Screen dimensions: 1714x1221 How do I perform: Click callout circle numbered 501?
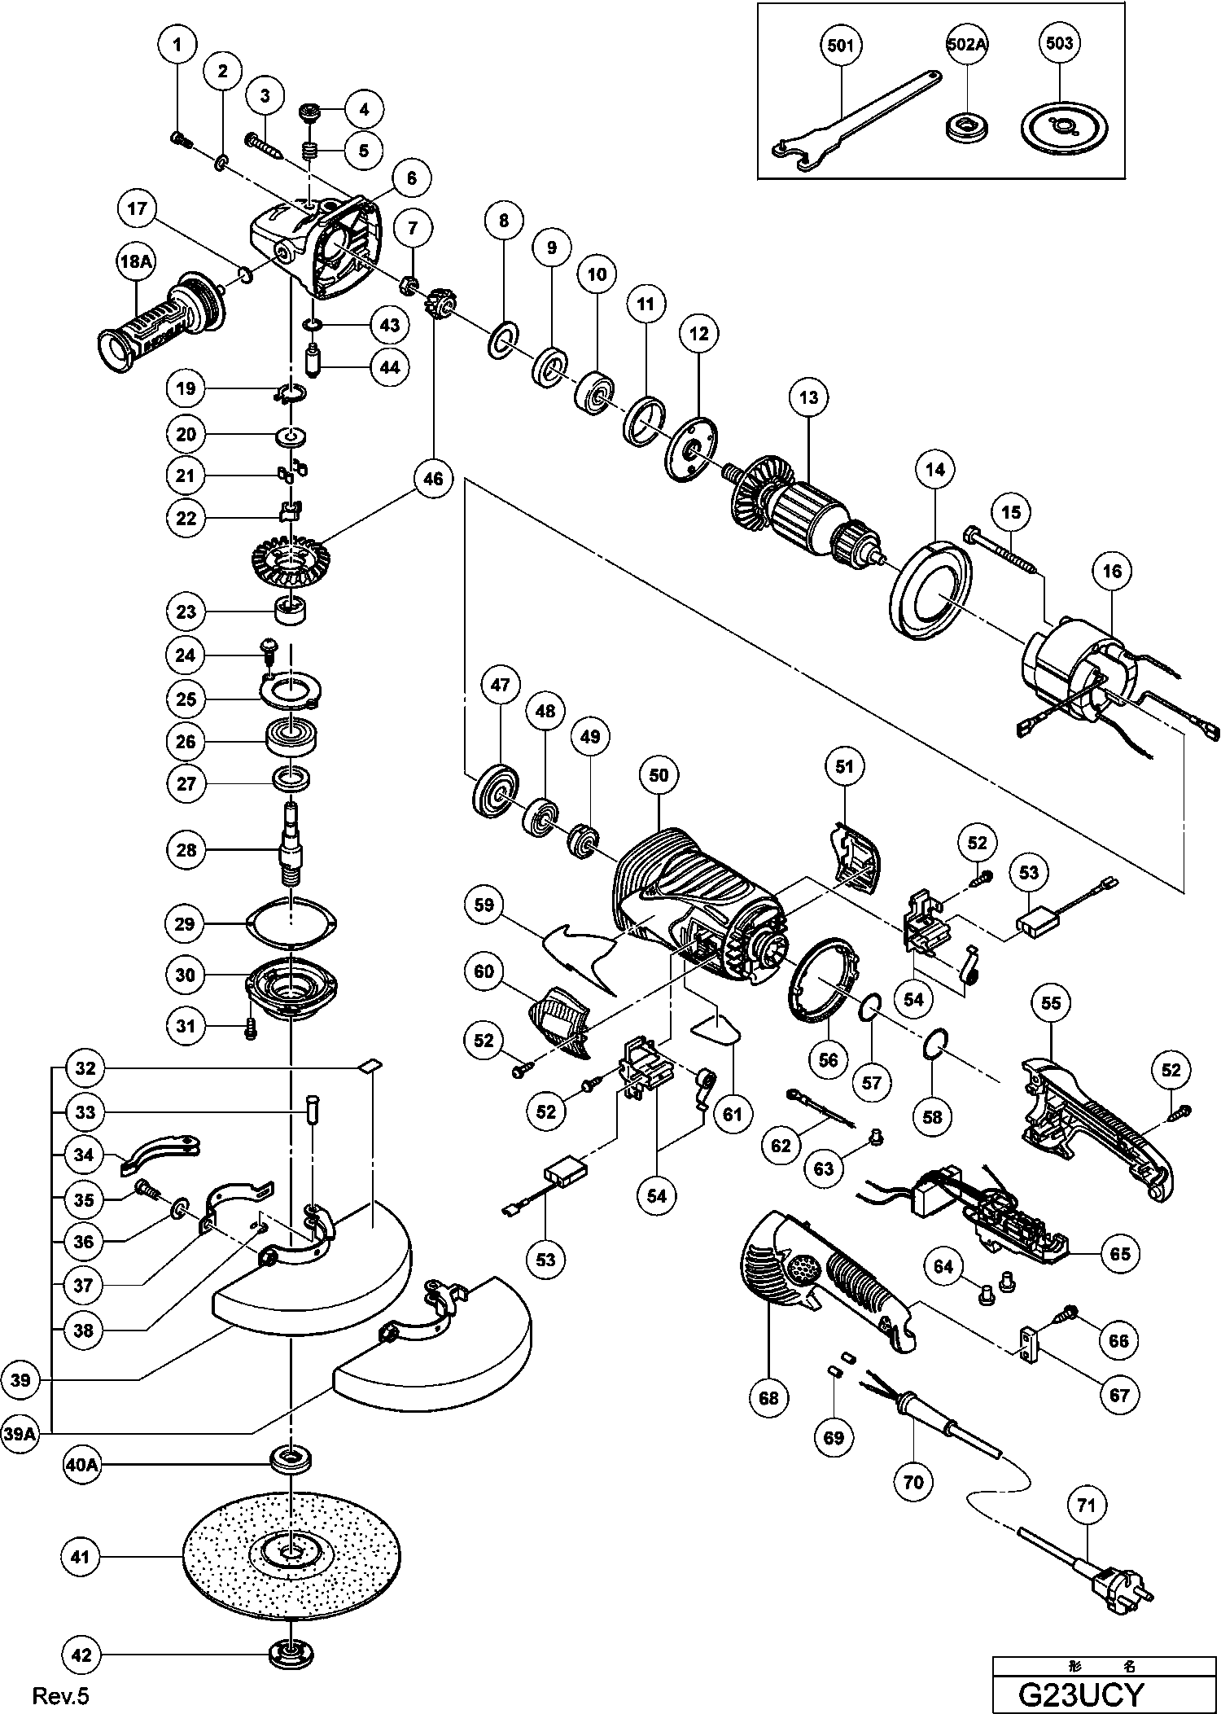[839, 46]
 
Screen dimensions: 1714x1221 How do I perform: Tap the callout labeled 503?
[1059, 44]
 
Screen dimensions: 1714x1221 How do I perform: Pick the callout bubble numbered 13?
[808, 397]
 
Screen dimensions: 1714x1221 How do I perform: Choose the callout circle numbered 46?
[433, 479]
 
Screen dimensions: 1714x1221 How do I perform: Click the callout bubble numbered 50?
[659, 775]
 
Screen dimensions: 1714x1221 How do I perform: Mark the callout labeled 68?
[768, 1398]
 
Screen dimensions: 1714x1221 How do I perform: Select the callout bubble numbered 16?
[1112, 572]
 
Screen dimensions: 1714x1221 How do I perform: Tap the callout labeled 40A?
[81, 1464]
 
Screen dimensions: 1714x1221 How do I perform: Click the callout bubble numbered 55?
[1051, 1002]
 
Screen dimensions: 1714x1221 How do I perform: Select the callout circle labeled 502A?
[966, 46]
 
